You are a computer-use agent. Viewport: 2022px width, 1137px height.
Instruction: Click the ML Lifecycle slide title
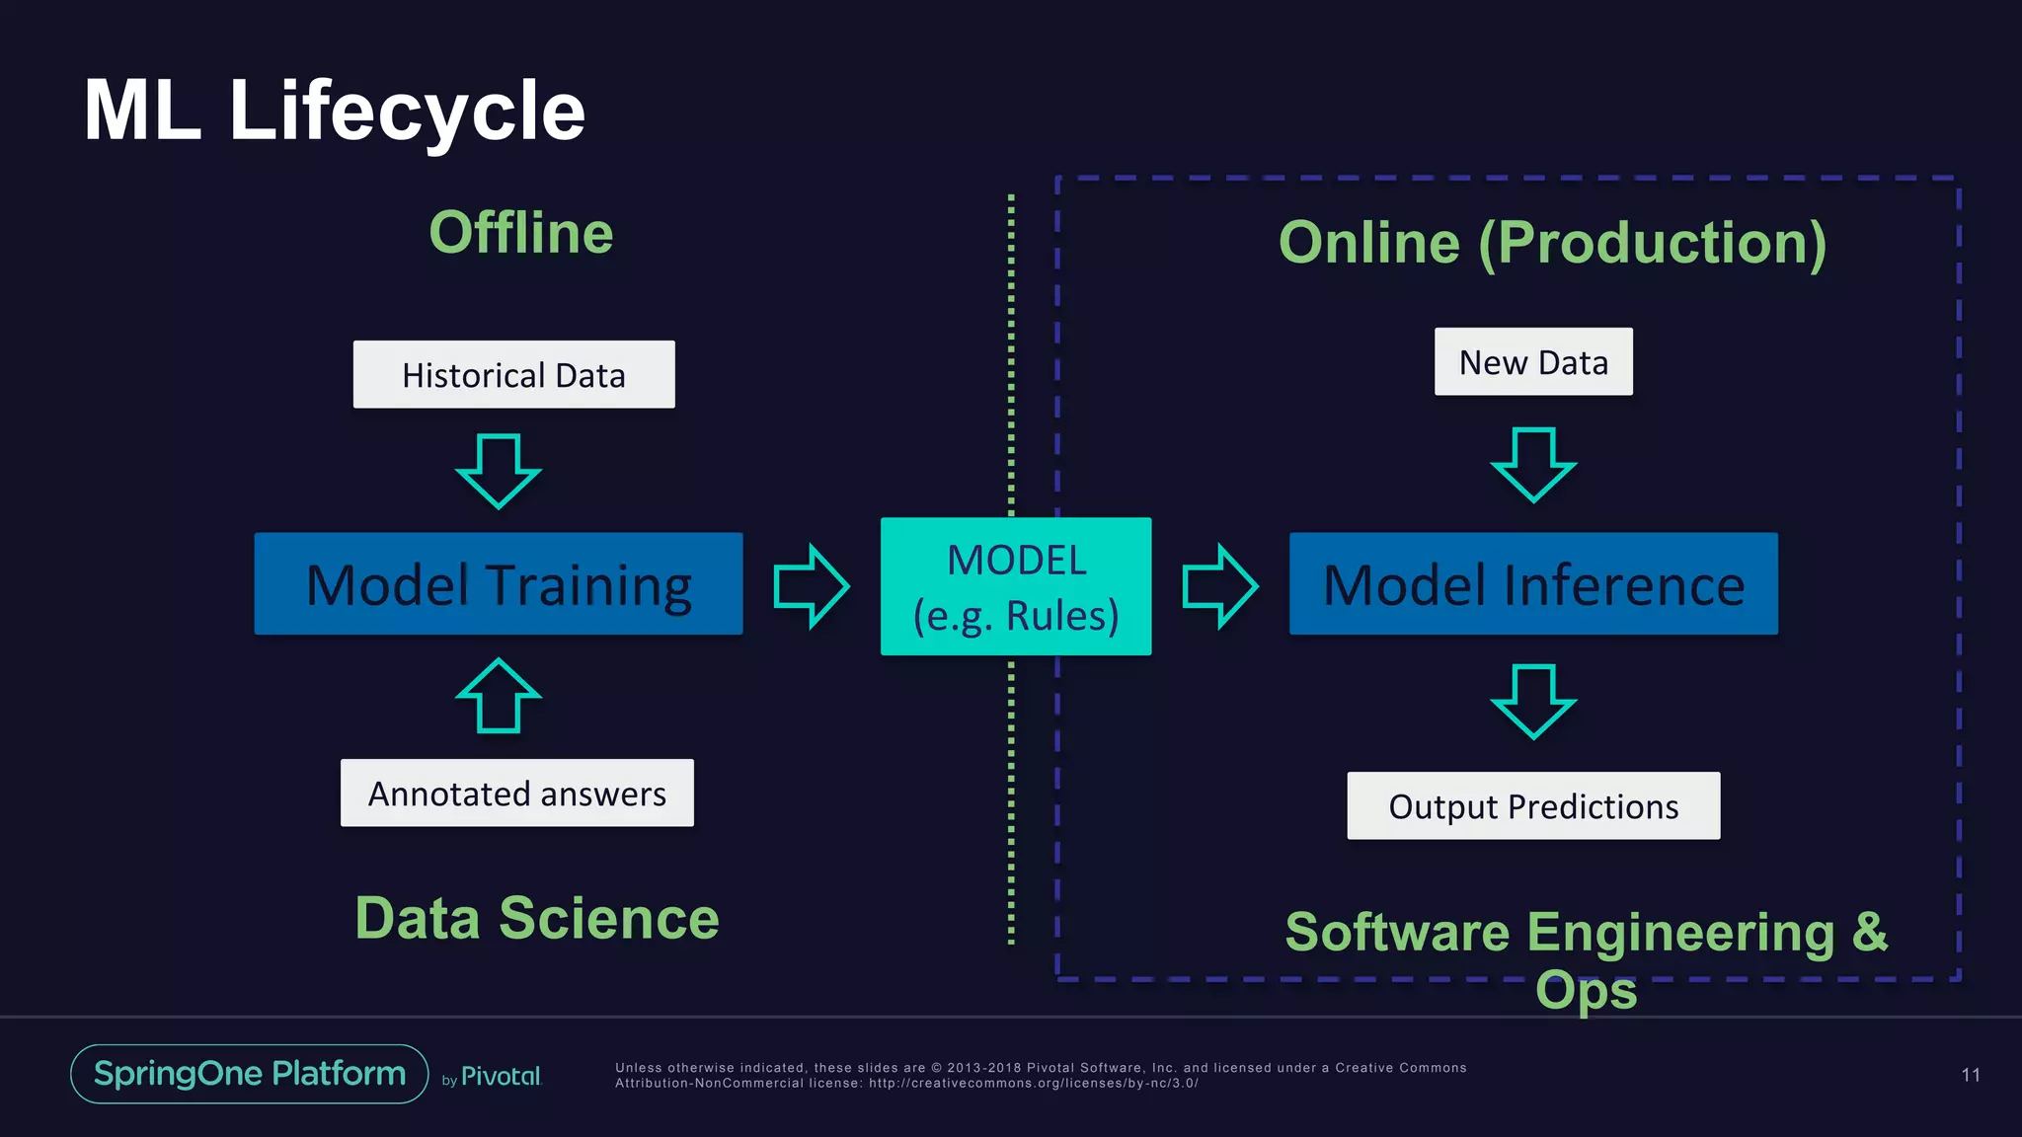pyautogui.click(x=334, y=111)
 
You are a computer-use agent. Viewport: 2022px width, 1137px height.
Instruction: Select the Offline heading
pyautogui.click(x=520, y=233)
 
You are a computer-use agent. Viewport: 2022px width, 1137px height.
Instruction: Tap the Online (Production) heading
pyautogui.click(x=1552, y=243)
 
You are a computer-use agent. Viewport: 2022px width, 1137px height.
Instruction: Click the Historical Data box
pyautogui.click(x=513, y=375)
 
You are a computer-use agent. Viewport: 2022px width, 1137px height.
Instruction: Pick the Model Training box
pyautogui.click(x=499, y=584)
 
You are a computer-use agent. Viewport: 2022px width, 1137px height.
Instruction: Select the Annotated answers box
pyautogui.click(x=516, y=794)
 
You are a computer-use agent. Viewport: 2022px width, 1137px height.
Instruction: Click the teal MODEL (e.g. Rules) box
pyautogui.click(x=1016, y=586)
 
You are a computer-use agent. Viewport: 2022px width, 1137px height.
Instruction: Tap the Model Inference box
pyautogui.click(x=1533, y=584)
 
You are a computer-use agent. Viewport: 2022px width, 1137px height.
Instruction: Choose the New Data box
pyautogui.click(x=1533, y=362)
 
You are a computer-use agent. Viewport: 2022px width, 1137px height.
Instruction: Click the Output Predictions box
pyautogui.click(x=1533, y=806)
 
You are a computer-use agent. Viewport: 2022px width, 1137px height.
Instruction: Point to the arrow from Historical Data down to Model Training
pyautogui.click(x=499, y=471)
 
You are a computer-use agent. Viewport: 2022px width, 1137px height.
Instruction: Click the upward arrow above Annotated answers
pyautogui.click(x=499, y=697)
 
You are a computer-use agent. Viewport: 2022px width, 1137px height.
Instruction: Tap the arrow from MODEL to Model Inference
pyautogui.click(x=1219, y=586)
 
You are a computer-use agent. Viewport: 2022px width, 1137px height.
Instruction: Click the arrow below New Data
pyautogui.click(x=1533, y=464)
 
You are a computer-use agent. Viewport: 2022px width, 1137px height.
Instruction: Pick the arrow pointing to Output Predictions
pyautogui.click(x=1533, y=701)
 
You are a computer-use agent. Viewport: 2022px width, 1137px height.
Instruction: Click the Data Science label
pyautogui.click(x=537, y=919)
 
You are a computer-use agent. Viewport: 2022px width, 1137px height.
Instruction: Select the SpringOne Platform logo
pyautogui.click(x=250, y=1074)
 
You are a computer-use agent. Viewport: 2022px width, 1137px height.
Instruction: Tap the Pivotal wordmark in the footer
pyautogui.click(x=501, y=1077)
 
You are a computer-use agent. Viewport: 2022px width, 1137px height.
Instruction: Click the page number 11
pyautogui.click(x=1971, y=1075)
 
